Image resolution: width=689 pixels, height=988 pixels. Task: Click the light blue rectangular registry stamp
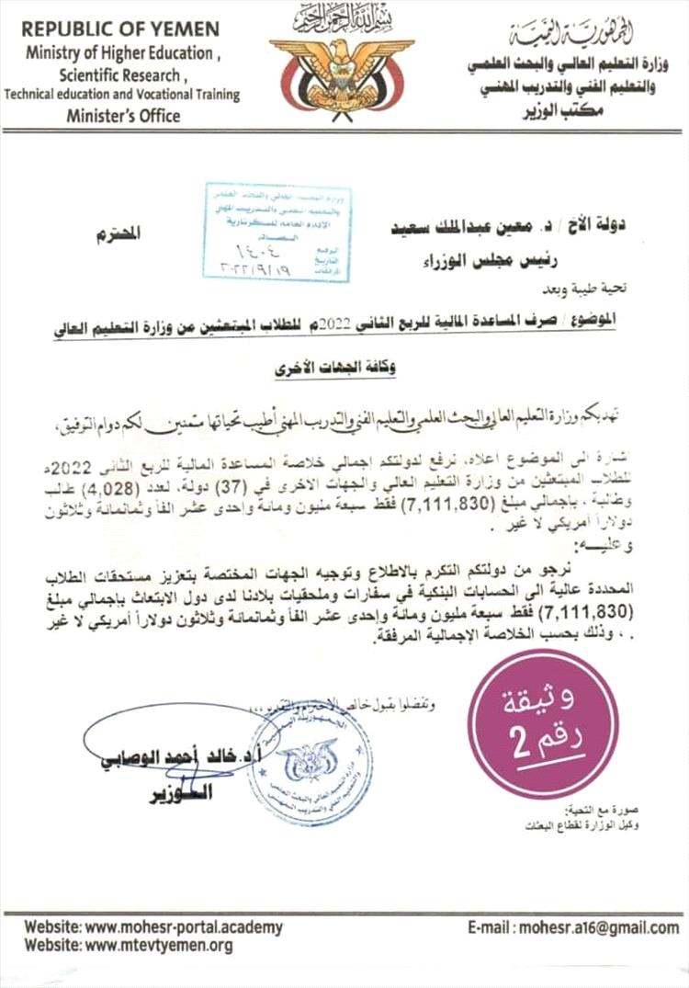click(x=277, y=232)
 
